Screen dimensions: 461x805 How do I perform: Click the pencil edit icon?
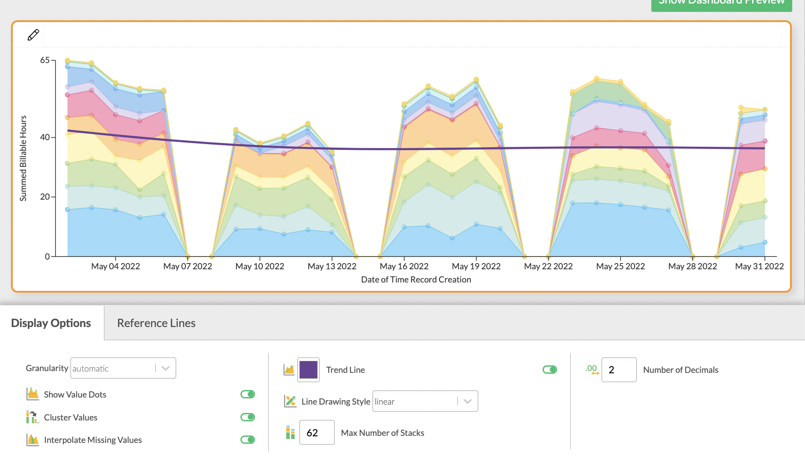click(33, 35)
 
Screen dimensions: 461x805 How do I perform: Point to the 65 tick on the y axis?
click(45, 60)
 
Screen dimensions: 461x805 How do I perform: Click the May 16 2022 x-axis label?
click(404, 266)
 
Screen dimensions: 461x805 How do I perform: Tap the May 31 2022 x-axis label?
click(759, 266)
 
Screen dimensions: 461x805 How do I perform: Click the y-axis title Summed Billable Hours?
click(23, 158)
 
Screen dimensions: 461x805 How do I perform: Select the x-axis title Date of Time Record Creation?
click(416, 279)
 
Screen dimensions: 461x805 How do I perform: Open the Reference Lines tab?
click(156, 323)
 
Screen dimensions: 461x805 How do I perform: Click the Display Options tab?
click(51, 323)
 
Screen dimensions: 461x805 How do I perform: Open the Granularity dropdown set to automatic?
click(123, 368)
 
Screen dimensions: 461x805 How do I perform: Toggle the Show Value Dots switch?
click(247, 394)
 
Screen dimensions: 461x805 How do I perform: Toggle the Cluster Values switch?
click(247, 417)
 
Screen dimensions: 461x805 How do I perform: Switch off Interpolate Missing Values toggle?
click(247, 439)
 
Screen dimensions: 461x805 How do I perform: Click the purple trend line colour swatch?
click(308, 370)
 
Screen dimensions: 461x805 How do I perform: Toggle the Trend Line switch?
click(550, 369)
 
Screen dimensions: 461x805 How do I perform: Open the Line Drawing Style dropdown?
click(425, 401)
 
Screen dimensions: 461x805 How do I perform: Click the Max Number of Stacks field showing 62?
click(317, 432)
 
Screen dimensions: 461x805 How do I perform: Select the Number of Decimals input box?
click(619, 370)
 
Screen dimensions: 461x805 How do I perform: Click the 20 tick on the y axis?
click(45, 197)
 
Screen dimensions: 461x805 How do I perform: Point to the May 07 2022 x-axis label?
click(188, 266)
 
